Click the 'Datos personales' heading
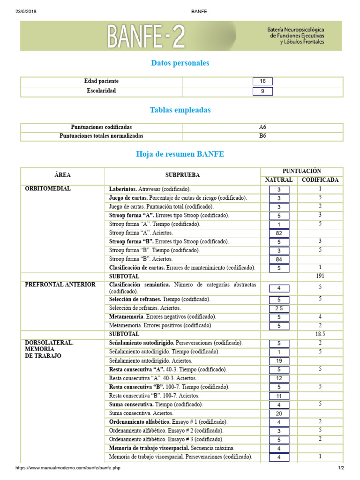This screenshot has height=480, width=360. [x=180, y=63]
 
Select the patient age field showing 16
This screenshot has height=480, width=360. [x=262, y=82]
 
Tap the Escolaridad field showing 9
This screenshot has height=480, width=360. [x=262, y=91]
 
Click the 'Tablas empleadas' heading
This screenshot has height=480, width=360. [x=180, y=110]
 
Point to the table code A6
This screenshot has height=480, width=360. [x=262, y=127]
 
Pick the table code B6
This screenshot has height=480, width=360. [x=262, y=136]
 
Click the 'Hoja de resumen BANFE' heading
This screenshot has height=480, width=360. [x=180, y=154]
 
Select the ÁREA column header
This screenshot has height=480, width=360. [x=62, y=175]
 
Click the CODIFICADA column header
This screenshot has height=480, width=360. [x=320, y=180]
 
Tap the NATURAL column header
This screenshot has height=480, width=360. [x=279, y=180]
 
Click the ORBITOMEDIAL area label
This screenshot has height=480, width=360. [x=48, y=189]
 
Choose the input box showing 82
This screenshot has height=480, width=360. [x=279, y=233]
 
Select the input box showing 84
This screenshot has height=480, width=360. [x=279, y=260]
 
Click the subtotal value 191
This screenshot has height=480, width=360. [x=320, y=277]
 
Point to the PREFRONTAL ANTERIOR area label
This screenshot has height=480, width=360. [x=60, y=285]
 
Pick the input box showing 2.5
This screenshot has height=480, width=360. [x=279, y=308]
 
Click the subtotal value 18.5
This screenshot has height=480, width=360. [x=320, y=334]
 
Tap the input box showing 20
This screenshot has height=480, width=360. [x=279, y=413]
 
